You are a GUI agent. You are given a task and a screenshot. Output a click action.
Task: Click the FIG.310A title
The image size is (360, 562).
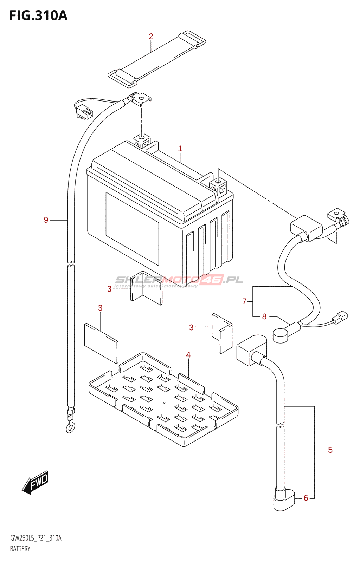(x=38, y=16)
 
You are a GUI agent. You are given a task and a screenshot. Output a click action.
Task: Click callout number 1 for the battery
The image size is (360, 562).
(x=180, y=149)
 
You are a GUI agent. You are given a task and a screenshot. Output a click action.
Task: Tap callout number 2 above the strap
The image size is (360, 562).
(x=151, y=36)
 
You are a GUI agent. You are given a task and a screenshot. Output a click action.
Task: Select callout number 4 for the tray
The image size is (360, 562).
(x=188, y=355)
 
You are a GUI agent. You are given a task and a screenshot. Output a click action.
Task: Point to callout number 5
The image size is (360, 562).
(x=330, y=450)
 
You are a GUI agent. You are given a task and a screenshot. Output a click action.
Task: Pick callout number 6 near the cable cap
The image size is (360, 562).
(x=306, y=498)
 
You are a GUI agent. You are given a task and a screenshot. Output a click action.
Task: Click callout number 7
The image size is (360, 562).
(x=244, y=301)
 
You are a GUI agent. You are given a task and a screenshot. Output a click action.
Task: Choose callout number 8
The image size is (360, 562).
(x=264, y=316)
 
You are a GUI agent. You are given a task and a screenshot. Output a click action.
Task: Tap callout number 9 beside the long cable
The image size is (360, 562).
(x=46, y=220)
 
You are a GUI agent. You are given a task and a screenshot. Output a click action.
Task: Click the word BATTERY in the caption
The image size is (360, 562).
(x=20, y=549)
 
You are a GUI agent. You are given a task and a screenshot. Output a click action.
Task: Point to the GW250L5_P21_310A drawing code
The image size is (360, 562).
(x=36, y=538)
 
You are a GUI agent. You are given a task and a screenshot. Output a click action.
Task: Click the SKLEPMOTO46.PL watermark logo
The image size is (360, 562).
(x=179, y=280)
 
